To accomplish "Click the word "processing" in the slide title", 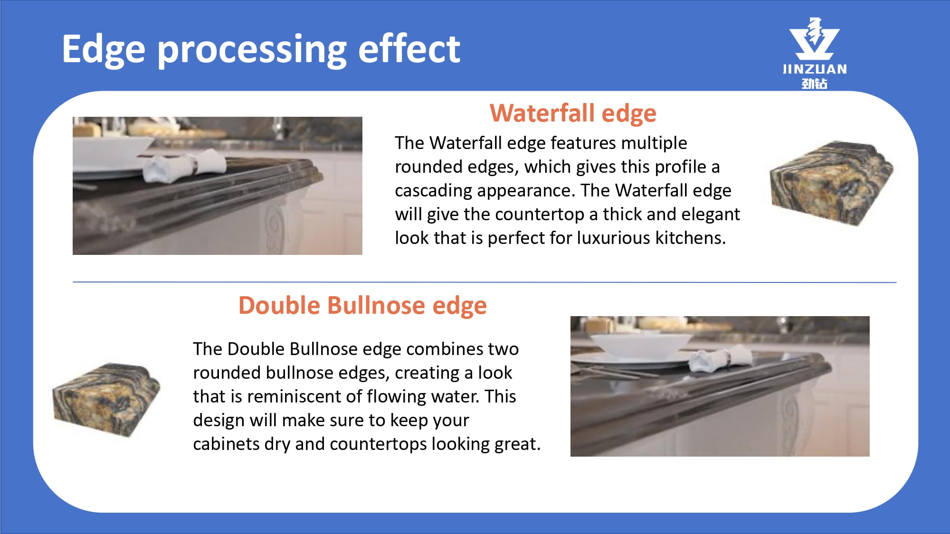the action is click(x=252, y=50).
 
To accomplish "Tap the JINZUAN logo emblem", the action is click(x=814, y=39).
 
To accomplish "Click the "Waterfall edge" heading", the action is click(x=573, y=113).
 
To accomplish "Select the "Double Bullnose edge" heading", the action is click(x=362, y=305).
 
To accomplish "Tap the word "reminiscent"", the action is click(x=303, y=396).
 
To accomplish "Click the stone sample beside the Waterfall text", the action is click(x=831, y=183).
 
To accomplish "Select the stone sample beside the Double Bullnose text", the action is click(x=106, y=399).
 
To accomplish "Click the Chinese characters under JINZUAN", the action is click(x=814, y=84).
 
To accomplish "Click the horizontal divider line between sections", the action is click(x=484, y=282).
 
